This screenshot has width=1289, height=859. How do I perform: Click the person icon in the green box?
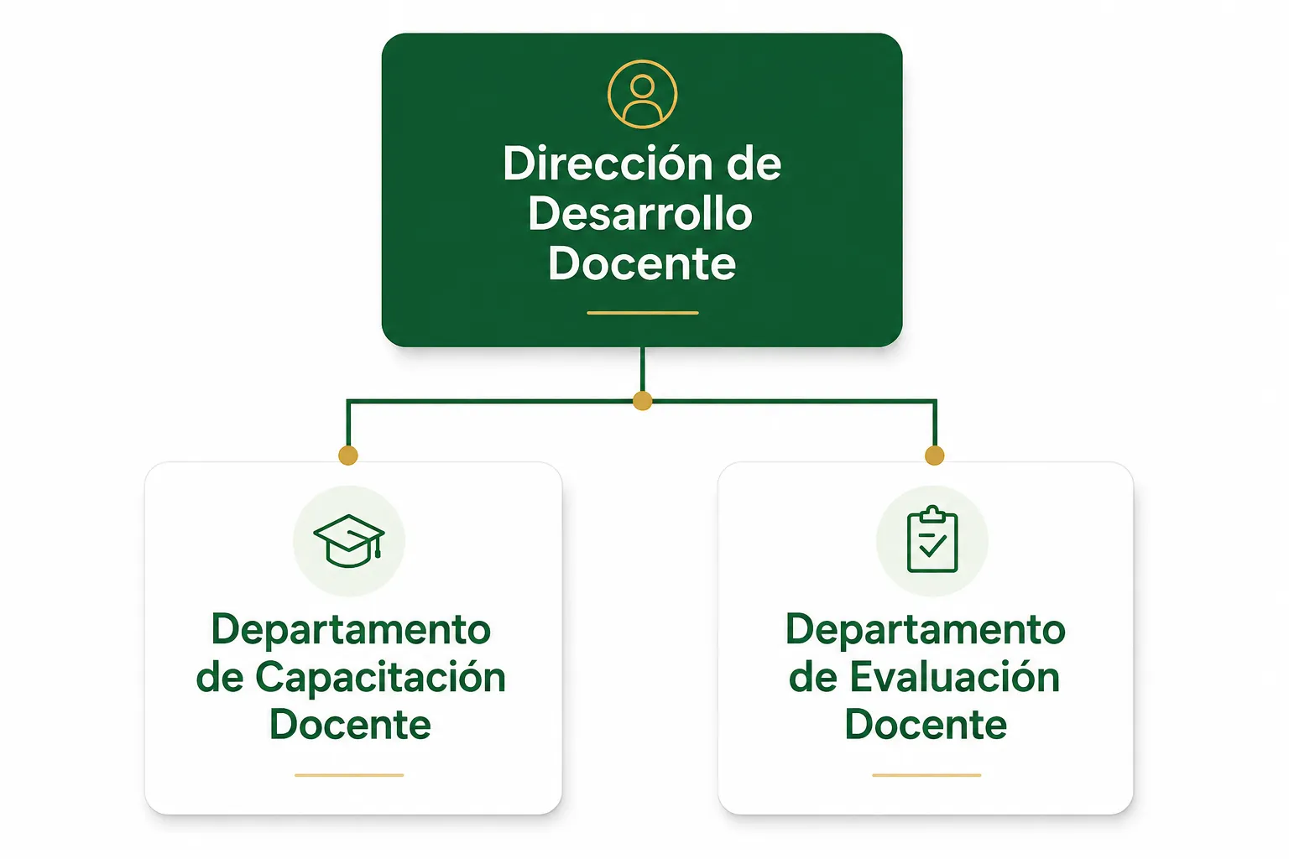click(642, 94)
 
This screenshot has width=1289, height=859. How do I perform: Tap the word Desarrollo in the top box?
click(640, 214)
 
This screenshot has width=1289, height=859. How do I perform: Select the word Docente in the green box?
click(642, 264)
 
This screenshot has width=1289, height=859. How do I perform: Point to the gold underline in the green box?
click(642, 313)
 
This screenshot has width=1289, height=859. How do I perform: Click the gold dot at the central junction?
click(642, 400)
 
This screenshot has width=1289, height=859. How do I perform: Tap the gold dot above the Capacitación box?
click(348, 456)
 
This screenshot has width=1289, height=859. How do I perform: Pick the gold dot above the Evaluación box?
click(935, 456)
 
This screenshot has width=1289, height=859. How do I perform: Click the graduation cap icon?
click(349, 541)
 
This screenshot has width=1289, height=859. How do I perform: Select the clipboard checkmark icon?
click(932, 539)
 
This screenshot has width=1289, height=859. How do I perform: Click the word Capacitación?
click(380, 678)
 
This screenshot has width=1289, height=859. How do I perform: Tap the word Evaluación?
click(955, 677)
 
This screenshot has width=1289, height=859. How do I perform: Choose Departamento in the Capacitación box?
click(351, 630)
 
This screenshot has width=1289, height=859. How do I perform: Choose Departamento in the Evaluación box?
click(926, 630)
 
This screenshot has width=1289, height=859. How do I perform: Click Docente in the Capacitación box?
click(350, 725)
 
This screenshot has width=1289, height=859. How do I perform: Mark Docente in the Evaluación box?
click(926, 725)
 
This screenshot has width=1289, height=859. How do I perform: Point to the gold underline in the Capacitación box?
click(349, 776)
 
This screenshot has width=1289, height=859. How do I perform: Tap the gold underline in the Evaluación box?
click(926, 776)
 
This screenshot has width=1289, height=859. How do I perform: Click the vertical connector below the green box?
click(642, 369)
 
